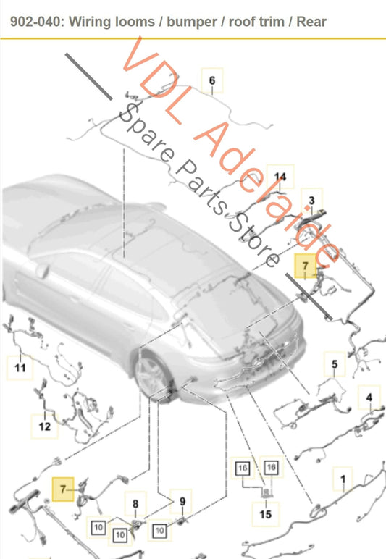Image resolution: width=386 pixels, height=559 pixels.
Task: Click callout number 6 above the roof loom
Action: tap(212, 80)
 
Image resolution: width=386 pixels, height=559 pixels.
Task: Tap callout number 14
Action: tap(280, 177)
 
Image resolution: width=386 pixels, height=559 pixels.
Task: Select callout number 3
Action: tap(311, 201)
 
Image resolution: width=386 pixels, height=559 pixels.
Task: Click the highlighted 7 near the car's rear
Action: tap(305, 266)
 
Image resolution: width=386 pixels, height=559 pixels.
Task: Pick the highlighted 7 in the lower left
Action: tap(63, 489)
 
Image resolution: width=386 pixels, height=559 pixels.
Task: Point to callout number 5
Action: tap(335, 364)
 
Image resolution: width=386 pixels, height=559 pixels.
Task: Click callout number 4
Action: tap(369, 397)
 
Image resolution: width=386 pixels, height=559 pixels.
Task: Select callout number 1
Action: tap(343, 479)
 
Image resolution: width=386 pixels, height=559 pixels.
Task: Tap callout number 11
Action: tap(20, 368)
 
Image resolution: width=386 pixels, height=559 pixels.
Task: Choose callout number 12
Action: tap(45, 426)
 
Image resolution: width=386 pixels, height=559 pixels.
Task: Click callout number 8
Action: tap(135, 504)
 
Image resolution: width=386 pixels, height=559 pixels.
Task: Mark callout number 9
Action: tap(182, 502)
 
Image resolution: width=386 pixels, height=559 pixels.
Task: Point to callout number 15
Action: tap(266, 514)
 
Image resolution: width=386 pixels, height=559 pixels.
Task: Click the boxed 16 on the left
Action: tap(243, 468)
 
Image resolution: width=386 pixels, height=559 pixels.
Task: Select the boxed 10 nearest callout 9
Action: tap(159, 531)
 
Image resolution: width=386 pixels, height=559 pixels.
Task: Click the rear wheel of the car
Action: tap(151, 377)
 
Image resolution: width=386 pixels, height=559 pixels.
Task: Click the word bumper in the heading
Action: tap(191, 22)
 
